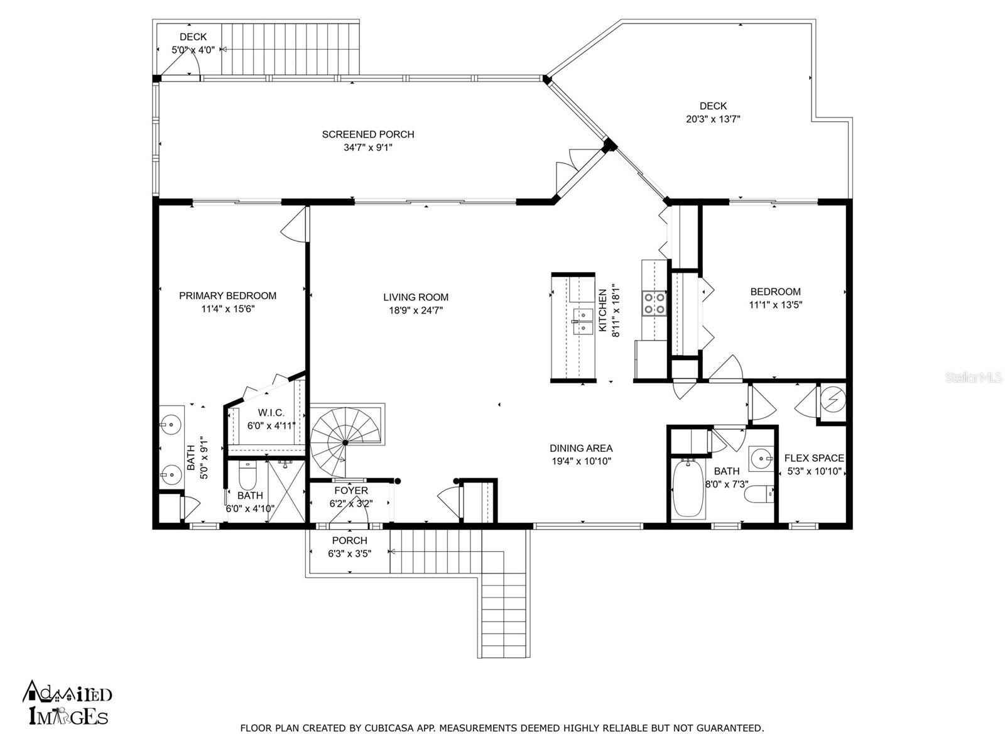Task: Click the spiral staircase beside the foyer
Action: point(345,442)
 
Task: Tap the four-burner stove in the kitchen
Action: point(655,303)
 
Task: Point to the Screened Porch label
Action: point(367,134)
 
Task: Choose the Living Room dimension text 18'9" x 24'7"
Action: point(416,310)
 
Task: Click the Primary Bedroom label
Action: point(227,296)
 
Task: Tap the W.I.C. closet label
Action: point(271,413)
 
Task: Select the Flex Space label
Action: point(814,458)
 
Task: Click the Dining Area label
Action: point(581,448)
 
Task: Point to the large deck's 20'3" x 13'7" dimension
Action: point(713,119)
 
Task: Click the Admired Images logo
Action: point(67,702)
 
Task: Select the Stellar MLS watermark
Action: point(974,378)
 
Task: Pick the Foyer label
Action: point(350,491)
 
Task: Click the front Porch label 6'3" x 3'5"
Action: point(350,547)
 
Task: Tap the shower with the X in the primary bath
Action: point(286,491)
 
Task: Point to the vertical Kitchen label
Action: point(602,310)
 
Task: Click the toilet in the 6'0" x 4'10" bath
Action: point(247,476)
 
